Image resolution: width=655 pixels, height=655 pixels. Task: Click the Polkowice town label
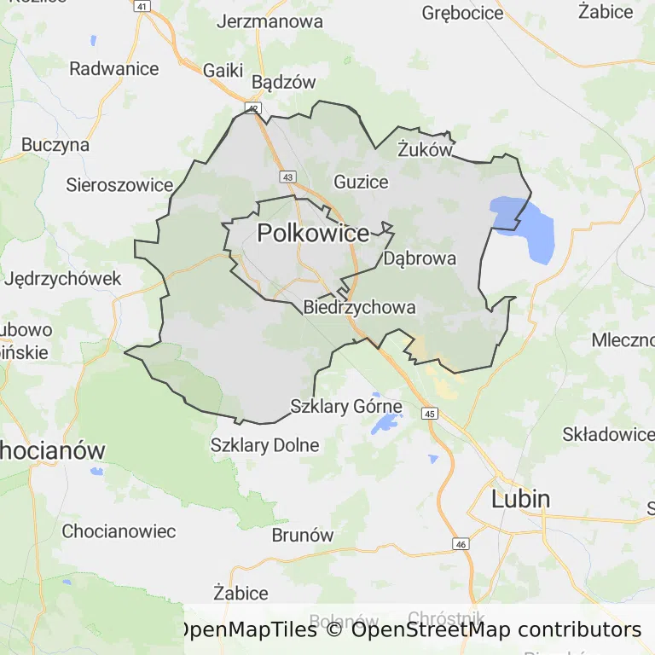pyautogui.click(x=313, y=233)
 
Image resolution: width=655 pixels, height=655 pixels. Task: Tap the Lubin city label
pyautogui.click(x=520, y=499)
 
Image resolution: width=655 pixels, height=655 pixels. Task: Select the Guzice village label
pyautogui.click(x=361, y=182)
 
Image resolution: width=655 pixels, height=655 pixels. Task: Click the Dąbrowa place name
pyautogui.click(x=420, y=258)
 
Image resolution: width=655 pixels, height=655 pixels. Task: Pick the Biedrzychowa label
pyautogui.click(x=359, y=307)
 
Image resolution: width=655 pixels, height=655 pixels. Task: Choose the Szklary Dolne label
pyautogui.click(x=264, y=445)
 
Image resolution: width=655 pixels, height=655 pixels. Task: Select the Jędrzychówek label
pyautogui.click(x=63, y=279)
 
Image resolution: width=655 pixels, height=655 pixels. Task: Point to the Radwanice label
pyautogui.click(x=114, y=69)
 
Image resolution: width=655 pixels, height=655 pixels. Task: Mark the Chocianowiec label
pyautogui.click(x=119, y=531)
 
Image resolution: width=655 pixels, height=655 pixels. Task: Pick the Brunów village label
pyautogui.click(x=302, y=536)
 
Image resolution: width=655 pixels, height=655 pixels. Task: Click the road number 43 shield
pyautogui.click(x=288, y=177)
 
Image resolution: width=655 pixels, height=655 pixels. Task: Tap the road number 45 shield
pyautogui.click(x=429, y=414)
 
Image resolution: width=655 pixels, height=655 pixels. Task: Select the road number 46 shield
pyautogui.click(x=461, y=544)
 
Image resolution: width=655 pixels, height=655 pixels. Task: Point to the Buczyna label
pyautogui.click(x=55, y=145)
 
